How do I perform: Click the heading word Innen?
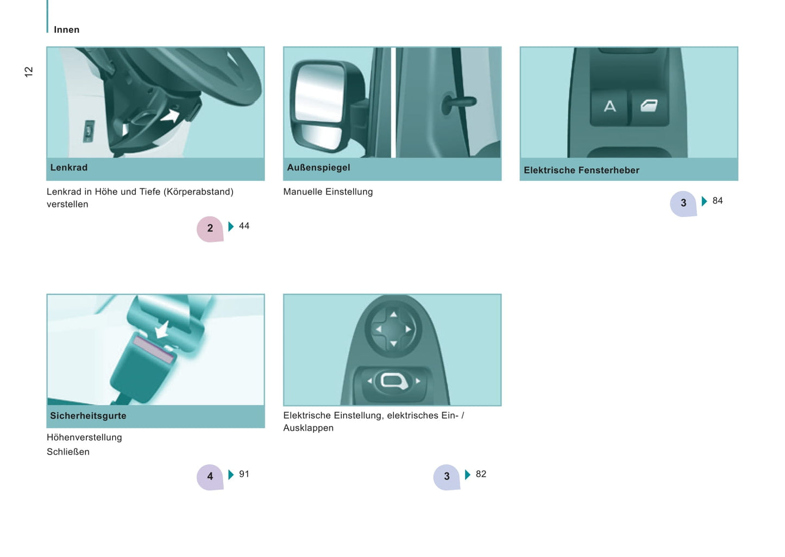click(67, 30)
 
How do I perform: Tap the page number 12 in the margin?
click(29, 72)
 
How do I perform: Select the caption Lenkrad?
click(69, 167)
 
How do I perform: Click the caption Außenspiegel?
click(318, 167)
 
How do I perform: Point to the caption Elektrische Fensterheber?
click(581, 170)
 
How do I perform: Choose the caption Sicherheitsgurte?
click(89, 416)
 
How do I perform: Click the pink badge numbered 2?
click(210, 229)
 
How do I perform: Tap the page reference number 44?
click(244, 226)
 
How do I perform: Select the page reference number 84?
click(717, 201)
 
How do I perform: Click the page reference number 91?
click(244, 474)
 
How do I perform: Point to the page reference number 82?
click(481, 474)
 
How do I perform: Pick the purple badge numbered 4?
click(210, 477)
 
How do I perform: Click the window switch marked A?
click(609, 107)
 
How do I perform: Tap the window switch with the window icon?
click(649, 107)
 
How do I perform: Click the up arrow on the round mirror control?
click(393, 314)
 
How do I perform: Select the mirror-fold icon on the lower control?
click(394, 381)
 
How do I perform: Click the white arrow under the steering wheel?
click(171, 116)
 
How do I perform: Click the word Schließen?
click(68, 452)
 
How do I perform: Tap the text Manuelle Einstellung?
click(328, 192)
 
